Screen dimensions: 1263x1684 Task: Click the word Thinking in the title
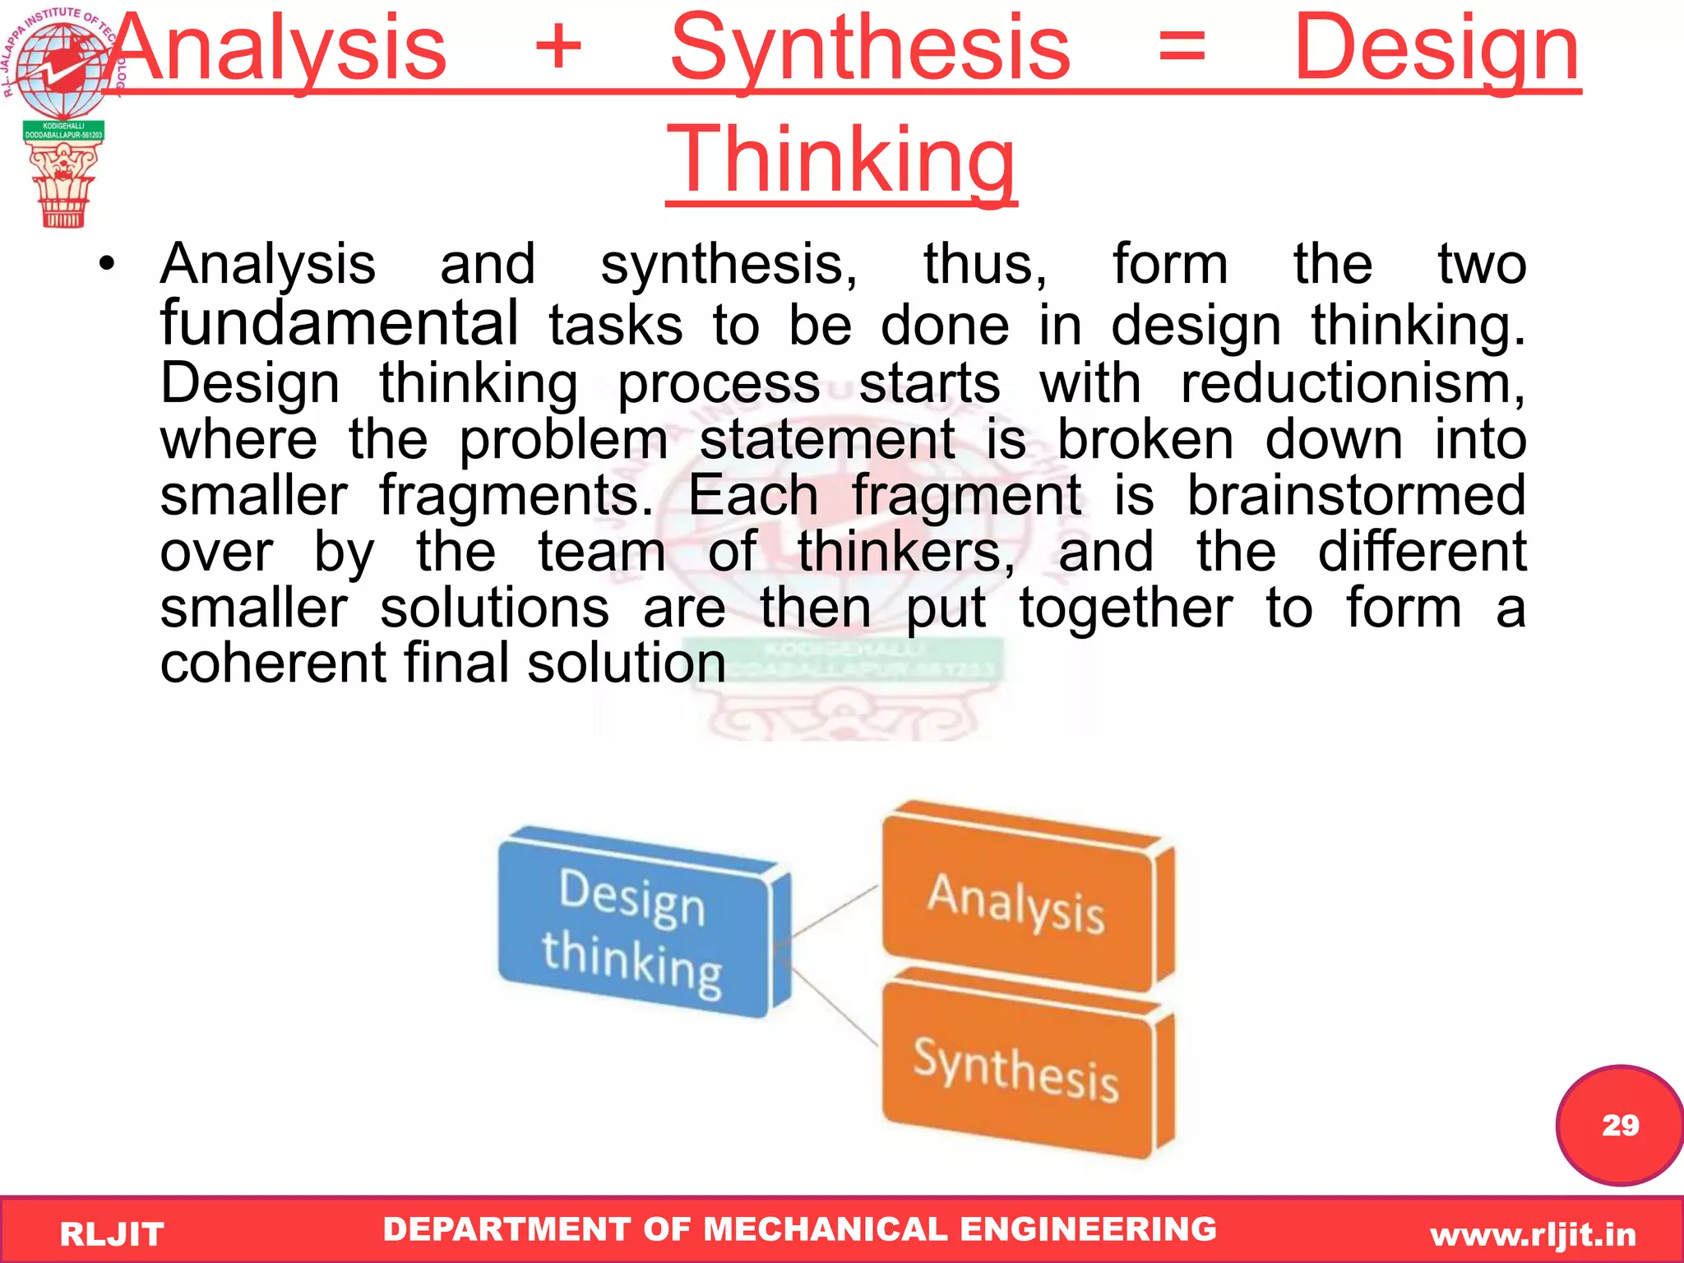[841, 160]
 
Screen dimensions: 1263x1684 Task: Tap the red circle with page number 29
[1619, 1125]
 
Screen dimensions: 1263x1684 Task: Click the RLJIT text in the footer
[112, 1234]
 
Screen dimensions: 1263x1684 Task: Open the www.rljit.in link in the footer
[1533, 1234]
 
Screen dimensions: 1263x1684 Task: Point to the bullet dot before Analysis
[106, 265]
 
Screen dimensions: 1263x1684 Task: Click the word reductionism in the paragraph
[1352, 383]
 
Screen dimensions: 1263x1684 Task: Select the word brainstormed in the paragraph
[1357, 496]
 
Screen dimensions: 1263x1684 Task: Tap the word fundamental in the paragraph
[339, 323]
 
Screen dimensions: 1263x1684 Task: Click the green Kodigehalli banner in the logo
[63, 131]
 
